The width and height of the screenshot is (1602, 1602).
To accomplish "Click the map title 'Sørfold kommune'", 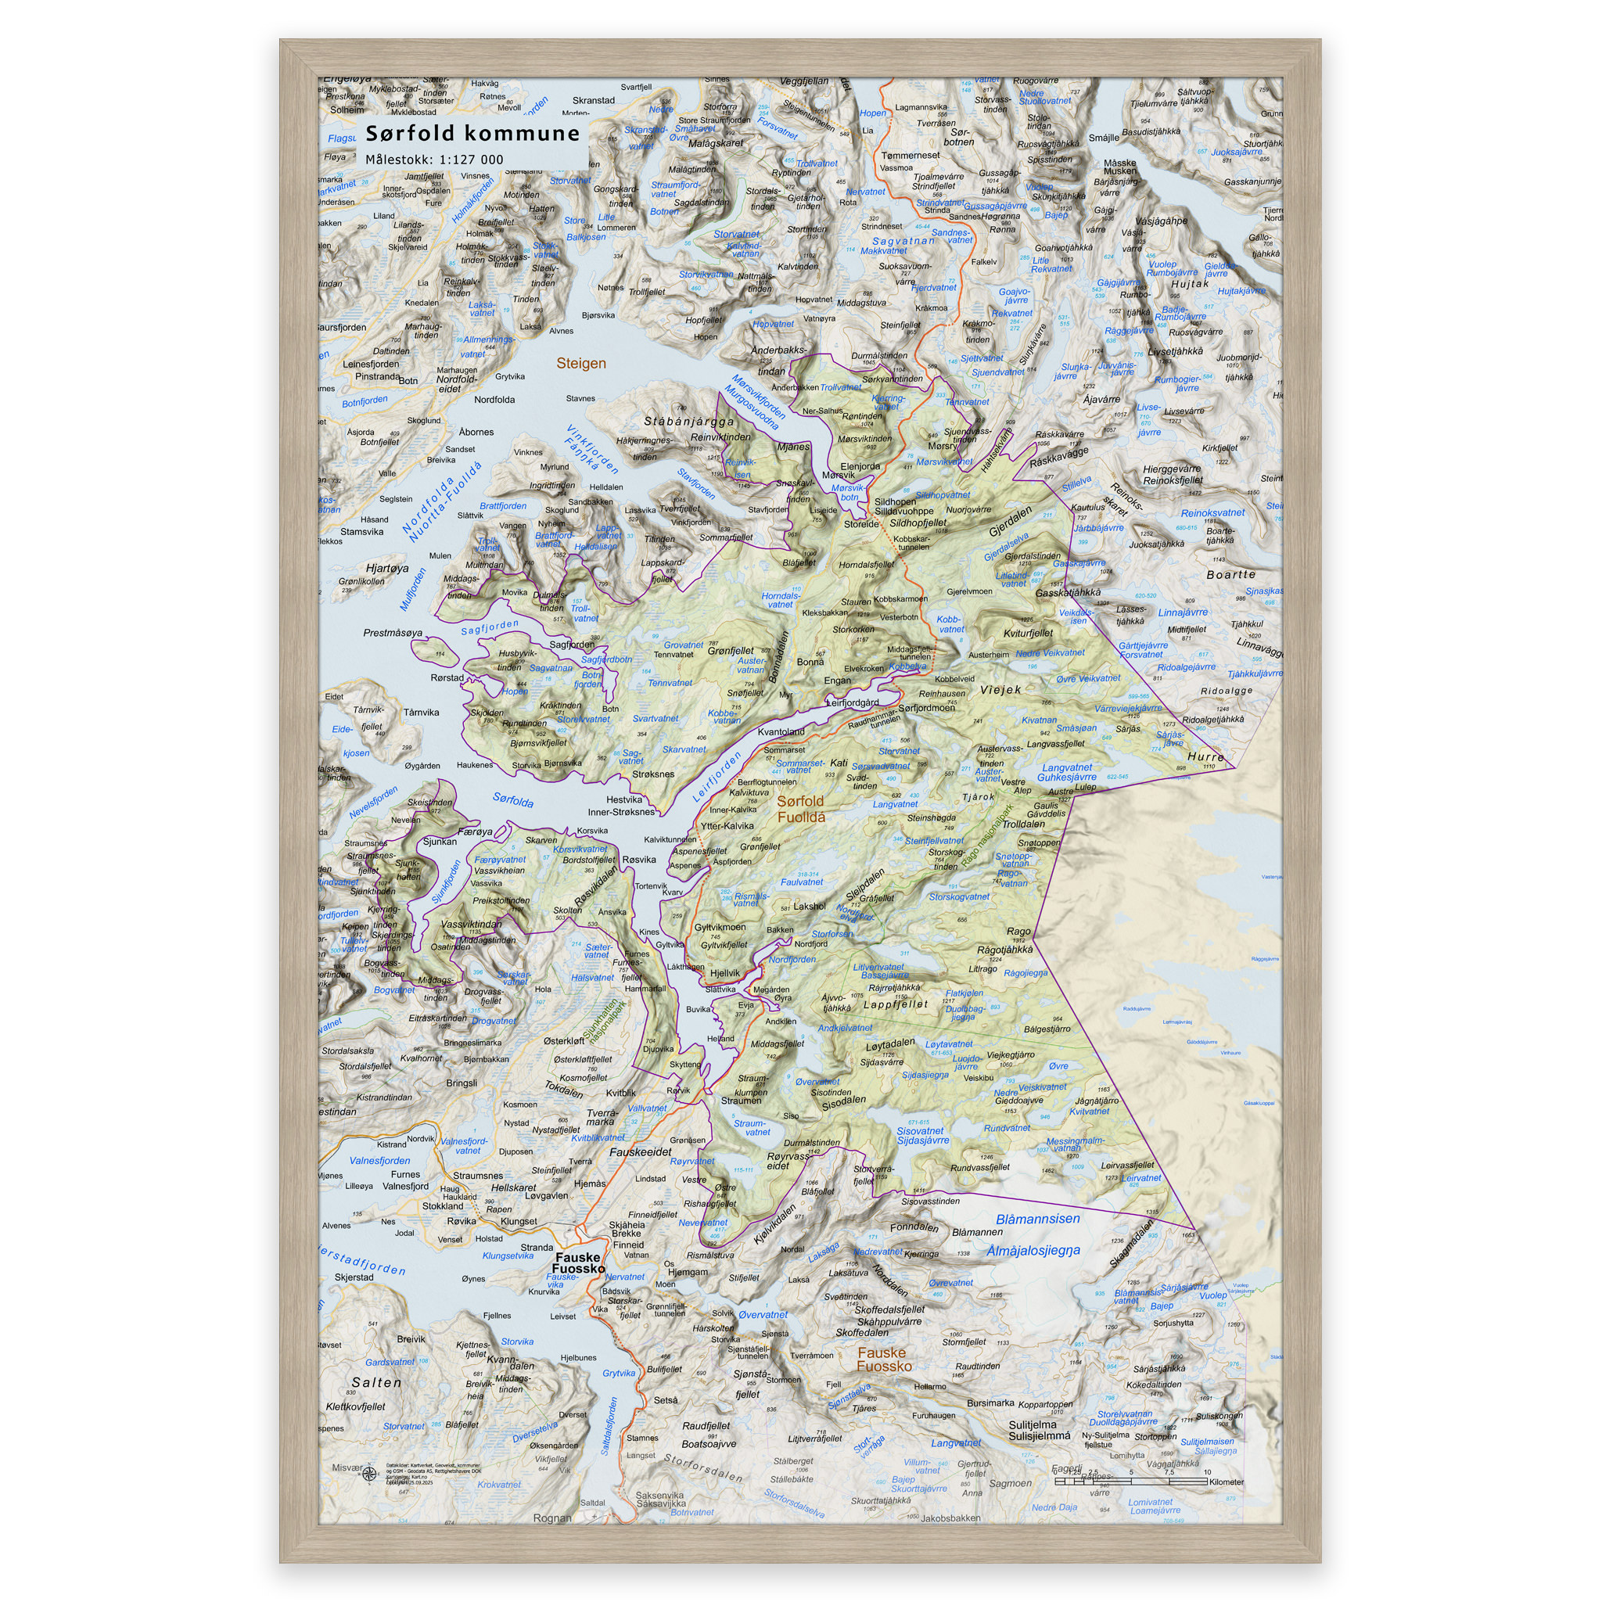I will (x=472, y=134).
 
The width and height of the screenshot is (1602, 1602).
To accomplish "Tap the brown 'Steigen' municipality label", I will (x=580, y=363).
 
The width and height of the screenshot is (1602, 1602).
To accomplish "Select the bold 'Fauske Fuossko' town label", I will (x=578, y=1263).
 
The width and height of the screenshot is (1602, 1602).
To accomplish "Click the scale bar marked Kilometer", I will (x=1148, y=1480).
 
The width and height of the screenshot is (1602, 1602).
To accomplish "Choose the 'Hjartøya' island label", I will (x=387, y=568).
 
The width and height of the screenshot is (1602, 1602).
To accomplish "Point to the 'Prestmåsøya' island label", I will (x=392, y=633).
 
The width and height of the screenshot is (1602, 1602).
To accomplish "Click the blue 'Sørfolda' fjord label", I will (x=512, y=800).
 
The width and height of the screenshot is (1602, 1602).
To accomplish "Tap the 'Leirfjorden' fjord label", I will (x=717, y=777).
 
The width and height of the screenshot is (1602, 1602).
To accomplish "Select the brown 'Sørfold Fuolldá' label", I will (x=800, y=809).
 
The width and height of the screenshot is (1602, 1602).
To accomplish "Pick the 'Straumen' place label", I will (x=741, y=1101).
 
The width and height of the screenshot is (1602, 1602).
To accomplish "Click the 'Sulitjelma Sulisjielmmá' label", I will (x=1039, y=1430).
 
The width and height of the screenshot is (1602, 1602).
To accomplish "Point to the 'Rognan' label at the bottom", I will (x=552, y=1518).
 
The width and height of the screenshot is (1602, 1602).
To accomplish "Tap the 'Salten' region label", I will (x=376, y=1382).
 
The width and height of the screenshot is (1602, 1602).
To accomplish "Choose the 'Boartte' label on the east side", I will (x=1230, y=575).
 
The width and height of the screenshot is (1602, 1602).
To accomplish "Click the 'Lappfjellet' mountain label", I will (x=896, y=1004).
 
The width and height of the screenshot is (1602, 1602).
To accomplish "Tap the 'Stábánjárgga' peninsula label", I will (x=688, y=422).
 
